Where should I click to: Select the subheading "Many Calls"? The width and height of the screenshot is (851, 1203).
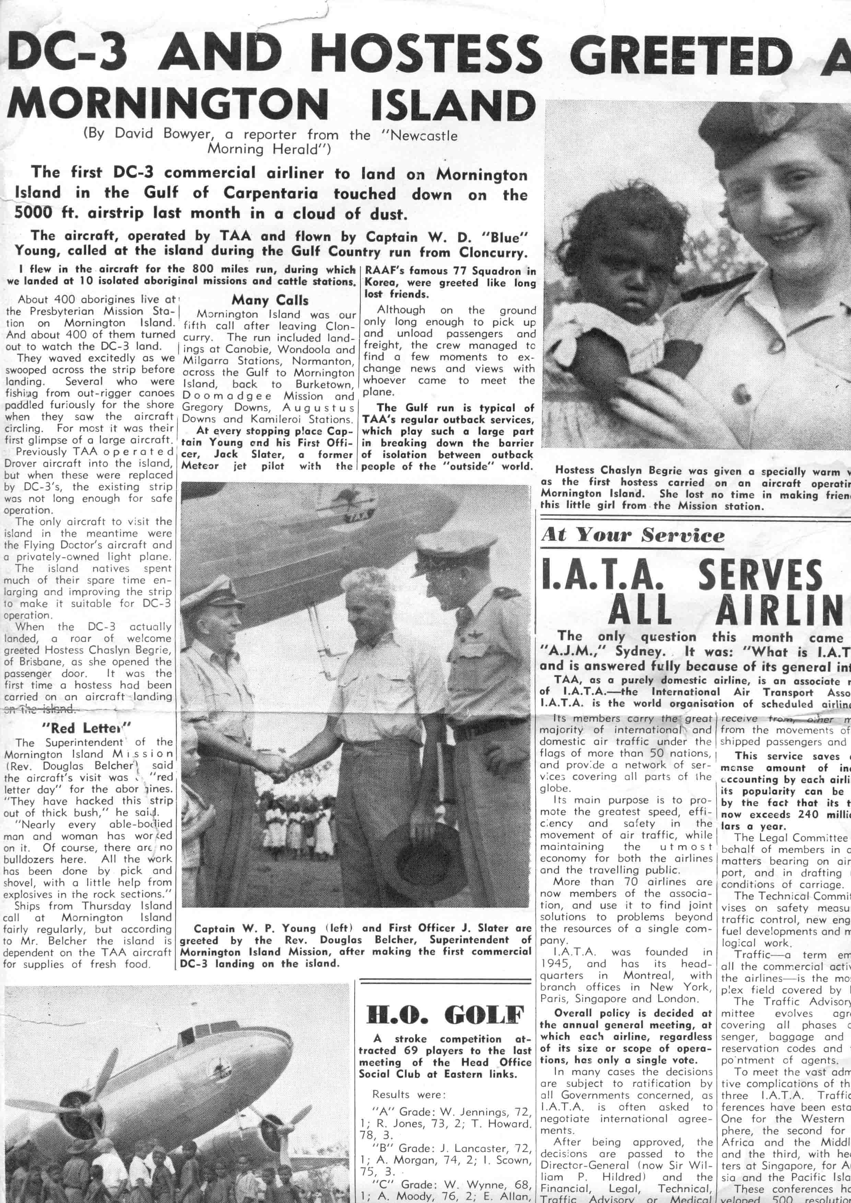pyautogui.click(x=270, y=300)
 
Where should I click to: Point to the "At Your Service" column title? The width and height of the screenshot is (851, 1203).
pyautogui.click(x=632, y=535)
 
